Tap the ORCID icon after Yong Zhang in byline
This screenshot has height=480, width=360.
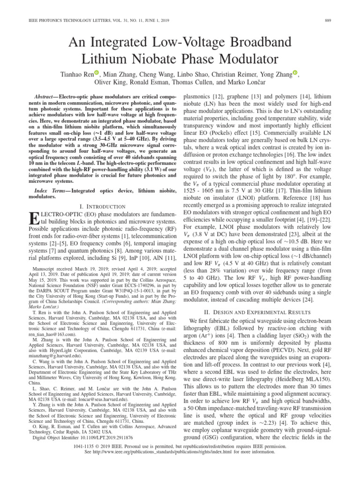[295, 73]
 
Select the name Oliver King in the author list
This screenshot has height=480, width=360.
[112, 82]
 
